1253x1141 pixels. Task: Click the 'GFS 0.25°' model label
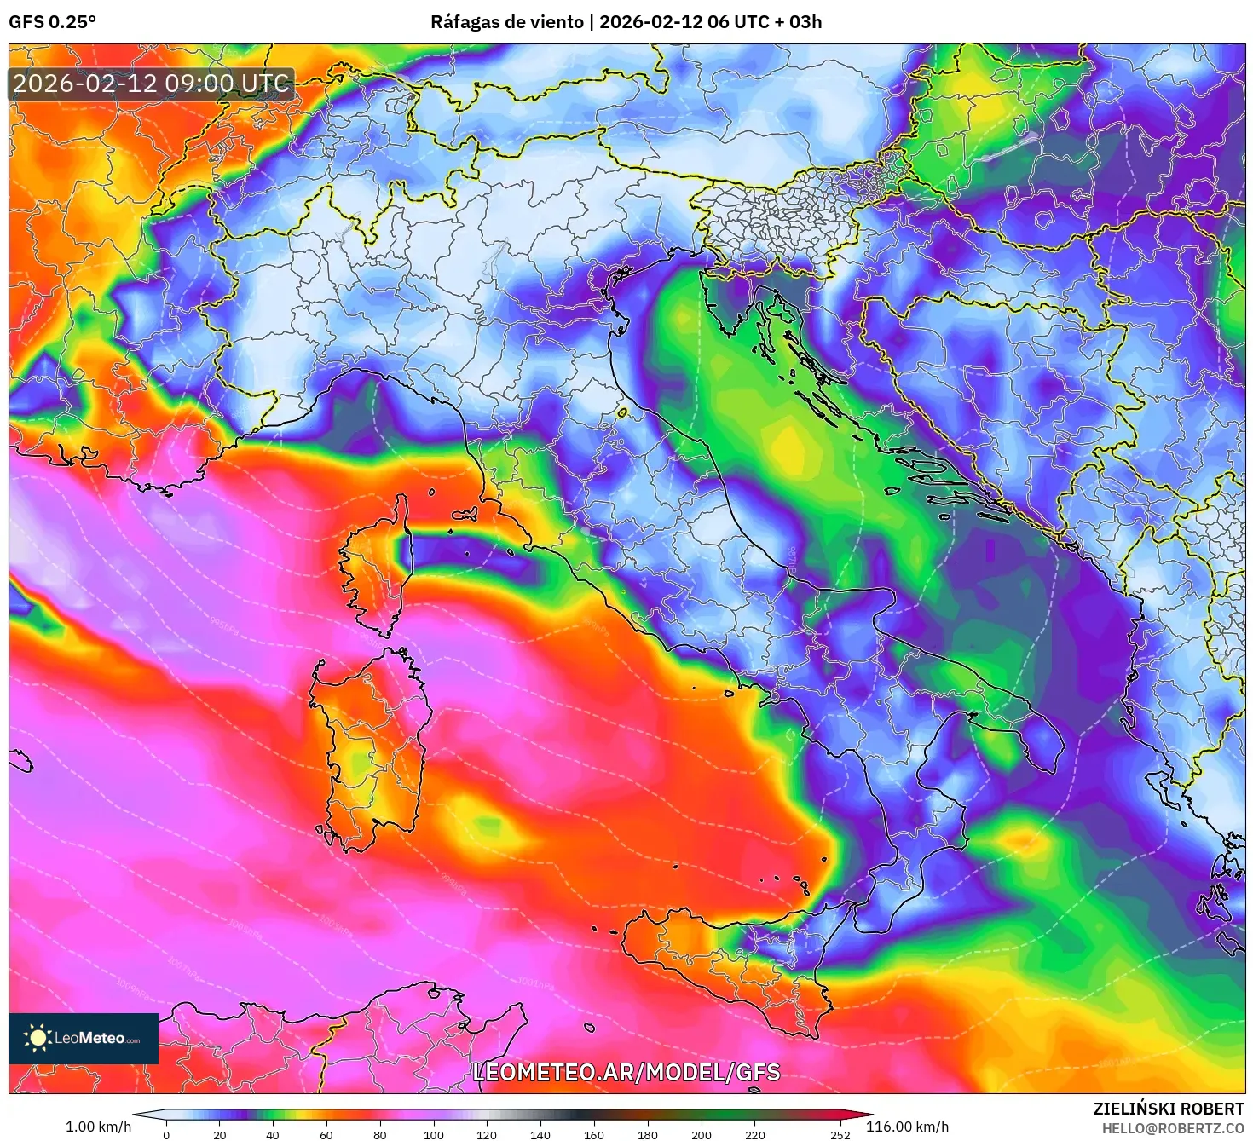point(52,22)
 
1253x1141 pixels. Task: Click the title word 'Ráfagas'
point(464,22)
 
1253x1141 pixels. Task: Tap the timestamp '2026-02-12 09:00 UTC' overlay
point(152,84)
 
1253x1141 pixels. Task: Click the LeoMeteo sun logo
point(38,1038)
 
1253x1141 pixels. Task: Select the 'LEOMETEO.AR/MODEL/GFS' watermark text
point(626,1072)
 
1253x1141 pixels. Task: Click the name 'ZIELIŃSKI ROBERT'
point(1169,1109)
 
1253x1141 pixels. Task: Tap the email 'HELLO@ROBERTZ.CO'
point(1173,1128)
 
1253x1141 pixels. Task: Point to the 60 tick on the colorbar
point(326,1134)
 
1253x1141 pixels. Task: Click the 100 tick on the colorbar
point(433,1134)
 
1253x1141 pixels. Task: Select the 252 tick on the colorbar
point(840,1134)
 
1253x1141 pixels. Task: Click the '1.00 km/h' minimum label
point(98,1127)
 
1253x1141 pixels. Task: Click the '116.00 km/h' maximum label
point(907,1127)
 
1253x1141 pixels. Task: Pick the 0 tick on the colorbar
point(166,1134)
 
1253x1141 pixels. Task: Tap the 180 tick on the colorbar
point(648,1134)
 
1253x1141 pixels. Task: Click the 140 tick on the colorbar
point(540,1134)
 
